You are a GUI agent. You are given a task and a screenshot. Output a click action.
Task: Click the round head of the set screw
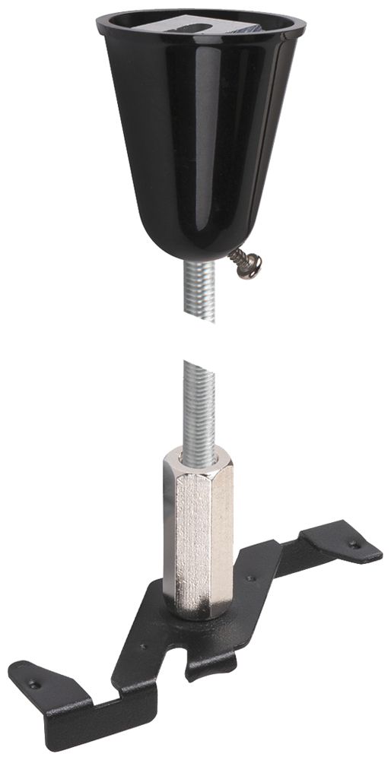click(252, 265)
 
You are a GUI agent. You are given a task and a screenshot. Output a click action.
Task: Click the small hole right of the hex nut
click(251, 578)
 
